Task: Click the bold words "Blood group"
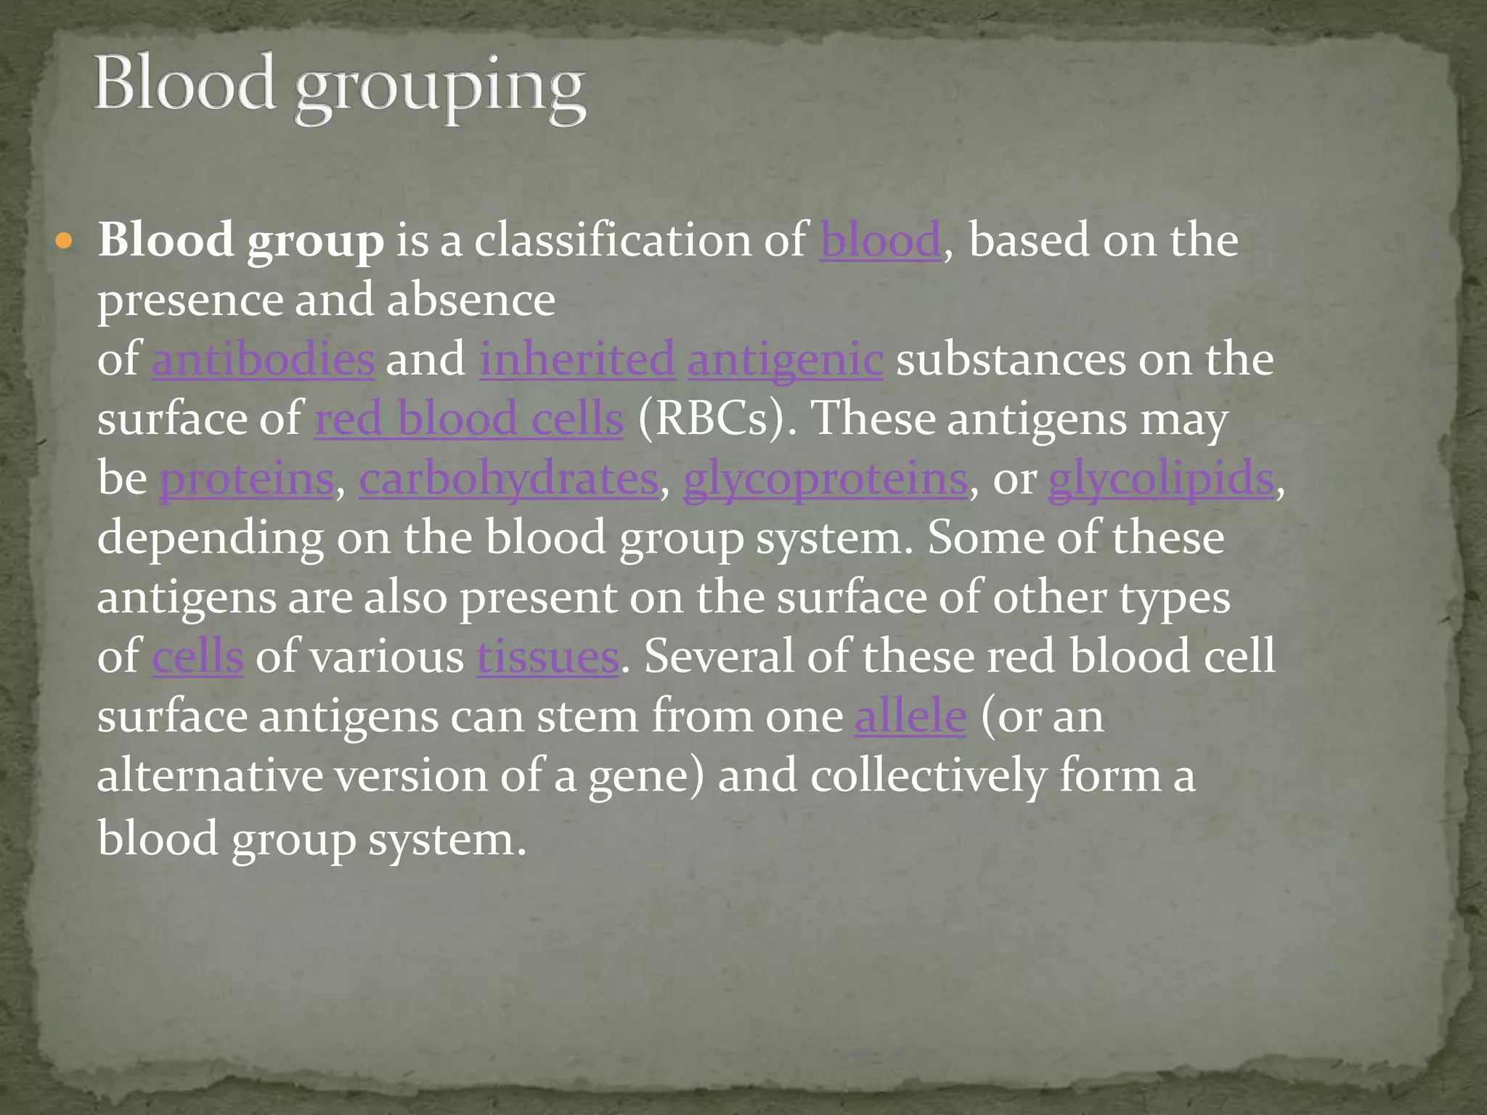pos(241,240)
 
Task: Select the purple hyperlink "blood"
pos(881,240)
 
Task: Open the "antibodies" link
pos(263,359)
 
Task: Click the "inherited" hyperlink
pos(577,359)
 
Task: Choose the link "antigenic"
pos(786,359)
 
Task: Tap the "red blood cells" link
pos(469,419)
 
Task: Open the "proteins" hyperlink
pos(247,478)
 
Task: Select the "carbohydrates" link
pos(508,478)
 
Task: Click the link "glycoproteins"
pos(826,478)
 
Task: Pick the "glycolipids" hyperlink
pos(1161,478)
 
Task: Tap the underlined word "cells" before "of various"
pos(197,657)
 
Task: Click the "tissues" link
pos(547,657)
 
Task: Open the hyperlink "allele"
pos(910,716)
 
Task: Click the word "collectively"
pos(929,776)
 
